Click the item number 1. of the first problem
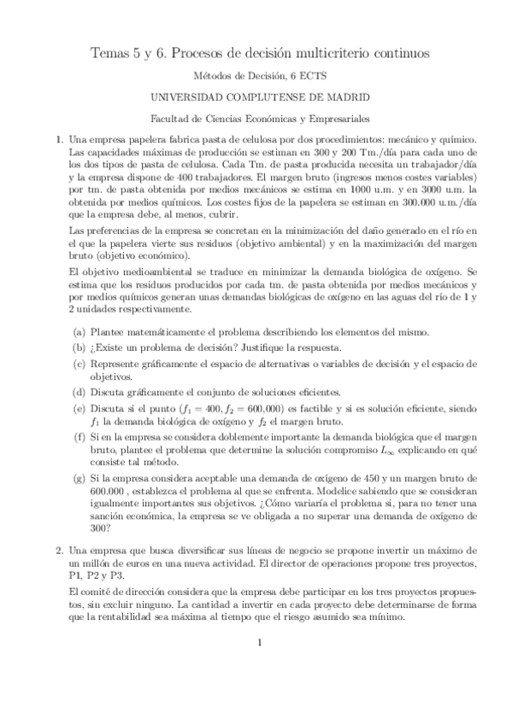click(59, 140)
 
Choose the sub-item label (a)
click(79, 331)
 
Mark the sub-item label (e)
click(79, 408)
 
